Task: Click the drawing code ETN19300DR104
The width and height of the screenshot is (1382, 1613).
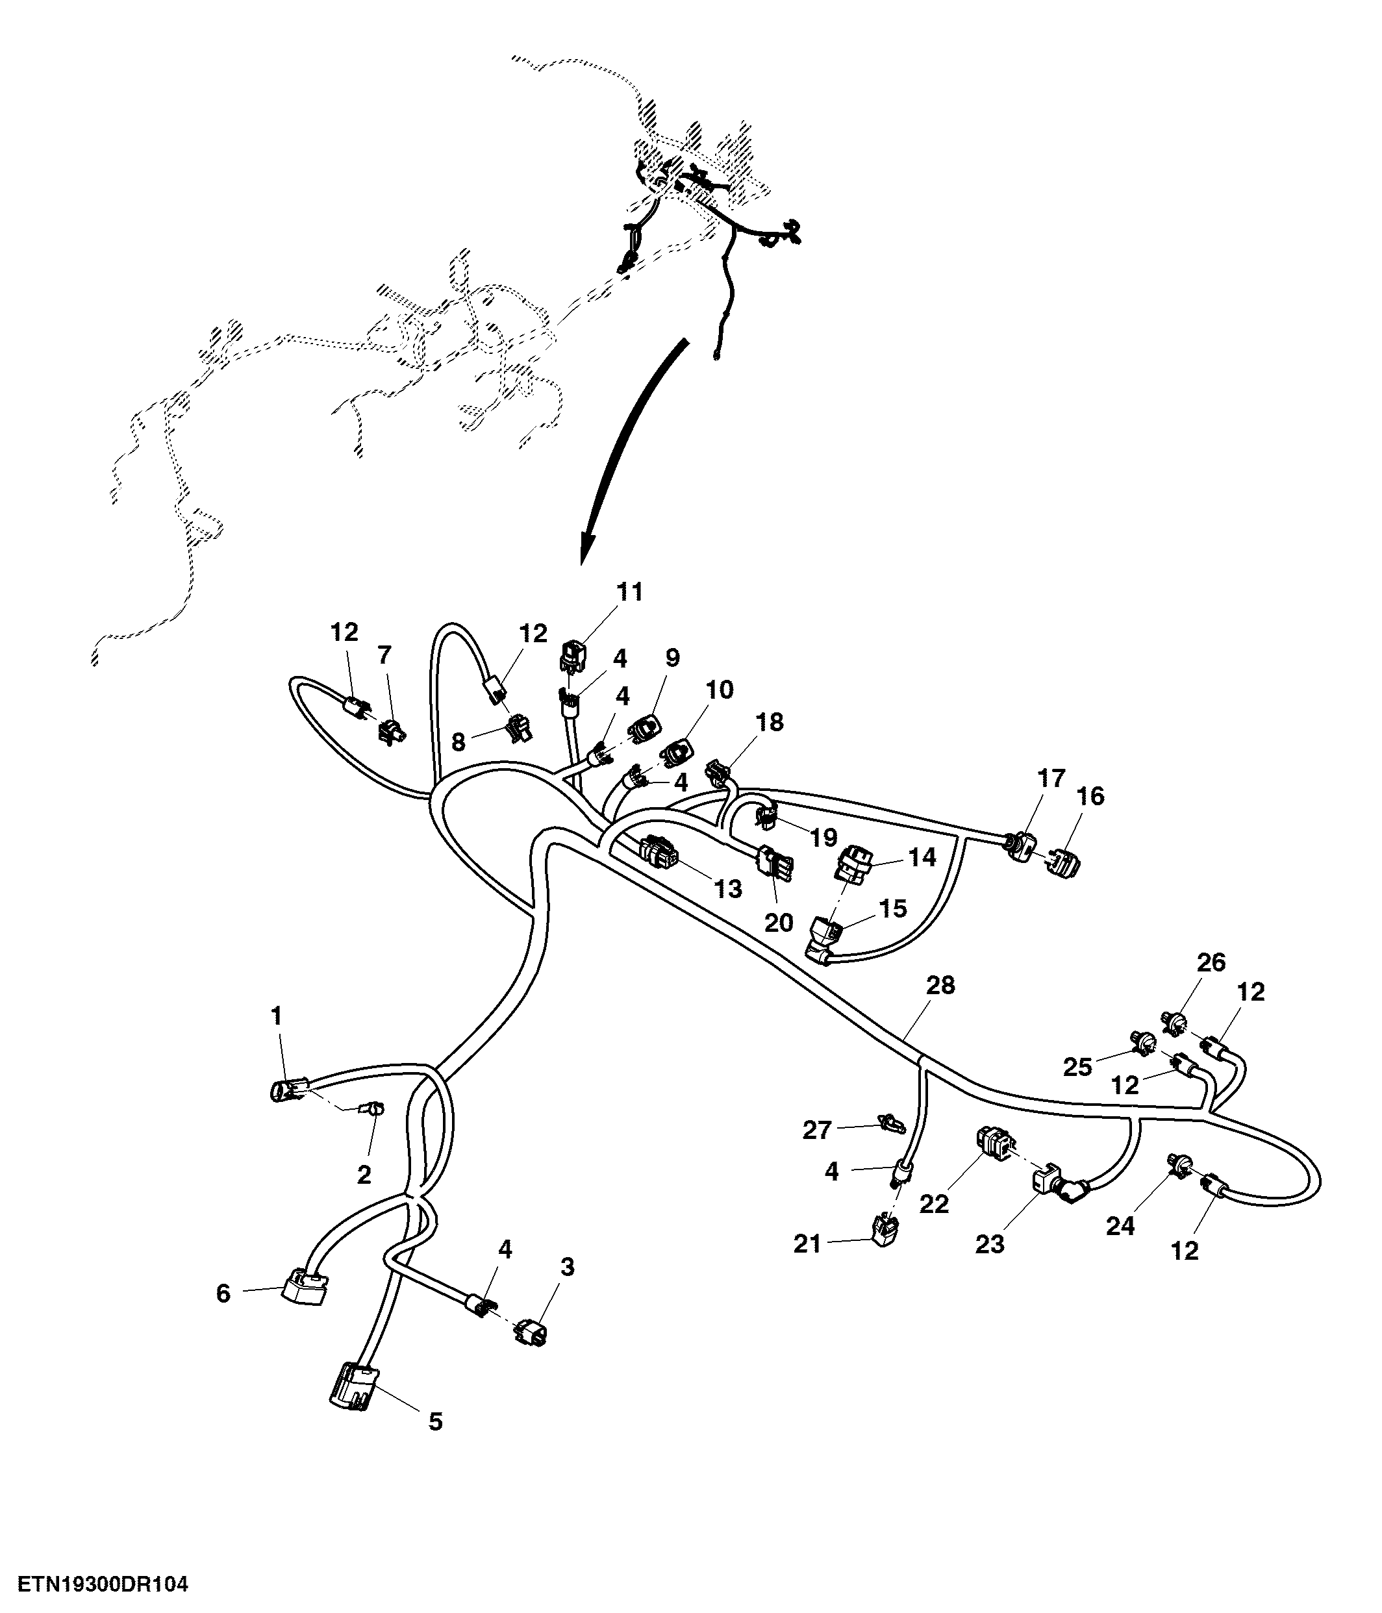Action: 103,1584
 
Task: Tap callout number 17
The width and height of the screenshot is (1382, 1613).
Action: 1051,779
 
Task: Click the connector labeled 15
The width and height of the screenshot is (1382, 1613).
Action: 825,937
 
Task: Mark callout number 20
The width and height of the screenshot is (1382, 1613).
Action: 779,923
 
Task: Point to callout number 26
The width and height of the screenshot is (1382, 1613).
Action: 1211,962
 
